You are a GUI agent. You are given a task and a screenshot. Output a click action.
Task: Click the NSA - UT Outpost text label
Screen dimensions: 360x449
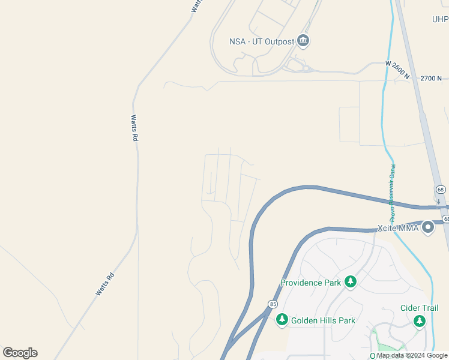click(262, 41)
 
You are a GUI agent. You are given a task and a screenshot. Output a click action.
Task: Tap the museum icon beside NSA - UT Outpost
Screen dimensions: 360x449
click(304, 41)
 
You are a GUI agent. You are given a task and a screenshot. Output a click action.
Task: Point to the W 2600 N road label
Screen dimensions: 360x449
click(397, 69)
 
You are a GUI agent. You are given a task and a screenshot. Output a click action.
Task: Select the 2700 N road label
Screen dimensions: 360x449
click(431, 78)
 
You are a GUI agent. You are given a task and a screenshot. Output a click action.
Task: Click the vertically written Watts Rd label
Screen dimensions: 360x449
click(134, 128)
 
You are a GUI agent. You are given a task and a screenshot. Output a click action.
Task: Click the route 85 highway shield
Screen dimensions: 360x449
click(273, 304)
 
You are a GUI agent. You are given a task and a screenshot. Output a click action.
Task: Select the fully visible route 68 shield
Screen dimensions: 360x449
click(441, 190)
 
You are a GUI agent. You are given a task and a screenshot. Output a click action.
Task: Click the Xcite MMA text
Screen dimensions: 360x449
click(398, 228)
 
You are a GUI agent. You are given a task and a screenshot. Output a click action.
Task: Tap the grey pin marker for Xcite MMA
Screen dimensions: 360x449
click(428, 227)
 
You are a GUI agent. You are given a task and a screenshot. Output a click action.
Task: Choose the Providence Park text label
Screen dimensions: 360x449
click(310, 282)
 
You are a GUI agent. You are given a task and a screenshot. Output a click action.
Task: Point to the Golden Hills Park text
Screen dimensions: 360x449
click(323, 320)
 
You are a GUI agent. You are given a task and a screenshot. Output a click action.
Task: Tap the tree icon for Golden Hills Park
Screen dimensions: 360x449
click(282, 320)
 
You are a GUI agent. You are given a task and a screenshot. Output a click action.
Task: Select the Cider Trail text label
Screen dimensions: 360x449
click(420, 308)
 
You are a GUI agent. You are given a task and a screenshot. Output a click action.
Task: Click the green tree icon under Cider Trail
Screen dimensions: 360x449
click(420, 322)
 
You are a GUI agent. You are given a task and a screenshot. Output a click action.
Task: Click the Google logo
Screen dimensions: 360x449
click(20, 353)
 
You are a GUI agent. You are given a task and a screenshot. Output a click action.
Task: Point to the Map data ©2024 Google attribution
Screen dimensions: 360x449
click(412, 355)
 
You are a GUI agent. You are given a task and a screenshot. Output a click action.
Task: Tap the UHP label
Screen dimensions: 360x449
click(440, 19)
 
